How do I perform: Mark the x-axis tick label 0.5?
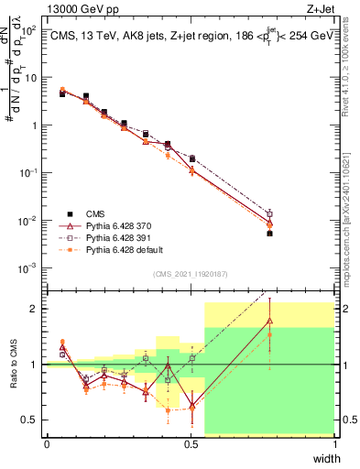click(191, 444)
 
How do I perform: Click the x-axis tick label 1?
click(335, 444)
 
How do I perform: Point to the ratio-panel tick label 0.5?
click(33, 420)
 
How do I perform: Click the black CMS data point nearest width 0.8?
click(269, 234)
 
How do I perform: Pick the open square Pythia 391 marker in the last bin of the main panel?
click(269, 214)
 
